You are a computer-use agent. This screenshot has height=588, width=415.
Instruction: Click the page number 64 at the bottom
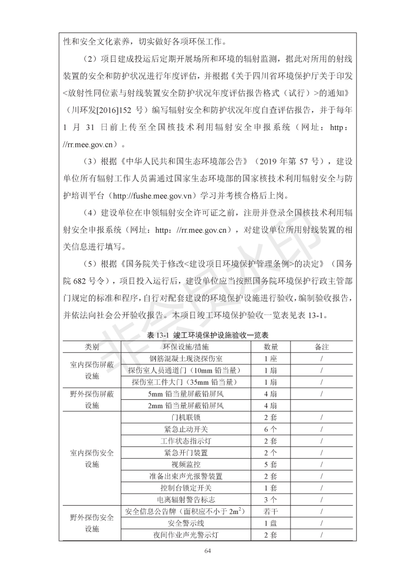pos(208,550)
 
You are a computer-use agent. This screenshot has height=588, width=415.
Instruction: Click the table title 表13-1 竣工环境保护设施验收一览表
pos(207,335)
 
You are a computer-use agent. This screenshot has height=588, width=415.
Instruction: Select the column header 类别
pos(92,347)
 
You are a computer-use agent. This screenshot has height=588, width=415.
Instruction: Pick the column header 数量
pos(271,347)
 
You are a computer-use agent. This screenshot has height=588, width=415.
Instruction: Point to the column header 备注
pos(321,347)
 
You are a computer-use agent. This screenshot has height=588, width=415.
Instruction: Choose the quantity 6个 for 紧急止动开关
pos(271,429)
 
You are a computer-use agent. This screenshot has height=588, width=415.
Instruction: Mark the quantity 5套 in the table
pos(271,464)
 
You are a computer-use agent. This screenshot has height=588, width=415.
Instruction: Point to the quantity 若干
pos(271,511)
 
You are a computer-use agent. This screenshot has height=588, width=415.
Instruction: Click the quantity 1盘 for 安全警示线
pos(271,523)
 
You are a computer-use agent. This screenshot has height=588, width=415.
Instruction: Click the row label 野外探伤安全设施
pos(92,523)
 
